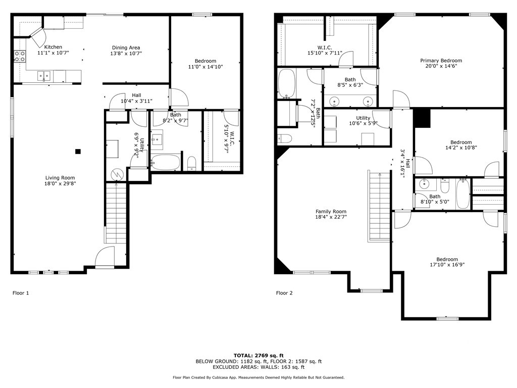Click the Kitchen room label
click(53, 47)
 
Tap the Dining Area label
click(126, 47)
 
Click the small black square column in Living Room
click(78, 151)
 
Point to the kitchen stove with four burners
click(20, 57)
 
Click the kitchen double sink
click(43, 76)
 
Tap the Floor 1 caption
click(21, 293)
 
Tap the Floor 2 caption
click(284, 293)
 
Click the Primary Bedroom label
click(441, 61)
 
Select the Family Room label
click(331, 212)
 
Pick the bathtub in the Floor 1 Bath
click(165, 163)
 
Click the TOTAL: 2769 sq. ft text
click(258, 355)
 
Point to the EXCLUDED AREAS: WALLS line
click(258, 367)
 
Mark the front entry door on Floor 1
click(104, 257)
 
